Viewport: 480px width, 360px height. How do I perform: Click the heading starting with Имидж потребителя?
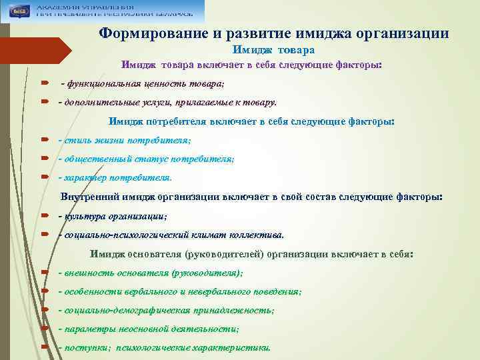(x=251, y=122)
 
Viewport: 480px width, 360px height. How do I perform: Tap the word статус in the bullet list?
(x=153, y=159)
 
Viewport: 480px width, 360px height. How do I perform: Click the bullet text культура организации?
(x=113, y=217)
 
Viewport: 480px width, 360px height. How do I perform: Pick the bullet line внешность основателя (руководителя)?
(x=151, y=273)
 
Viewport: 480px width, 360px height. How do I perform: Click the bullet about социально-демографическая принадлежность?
(x=166, y=311)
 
